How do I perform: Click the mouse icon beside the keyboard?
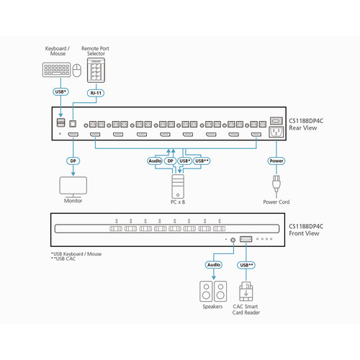[x=77, y=71]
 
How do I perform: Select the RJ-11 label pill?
[x=96, y=92]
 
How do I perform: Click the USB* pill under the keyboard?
[x=61, y=92]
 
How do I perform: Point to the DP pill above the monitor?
[x=73, y=161]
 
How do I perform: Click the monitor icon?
[x=73, y=185]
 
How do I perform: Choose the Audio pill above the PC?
[x=155, y=161]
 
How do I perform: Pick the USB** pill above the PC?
[x=202, y=161]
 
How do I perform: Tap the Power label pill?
[x=276, y=161]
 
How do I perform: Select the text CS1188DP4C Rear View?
[x=306, y=125]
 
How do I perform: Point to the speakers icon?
[x=212, y=292]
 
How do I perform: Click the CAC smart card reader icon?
[x=247, y=292]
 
